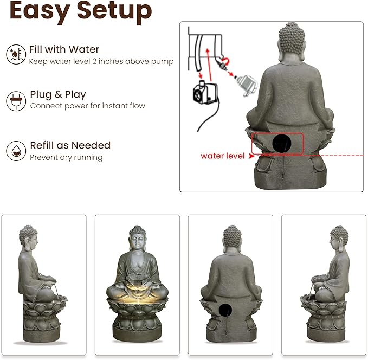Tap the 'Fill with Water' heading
(x=64, y=49)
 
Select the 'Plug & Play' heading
(x=58, y=94)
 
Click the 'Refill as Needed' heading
(x=70, y=145)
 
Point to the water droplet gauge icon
(x=15, y=55)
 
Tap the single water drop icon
(x=15, y=151)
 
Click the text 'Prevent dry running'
(x=66, y=158)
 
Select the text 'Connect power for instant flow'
(x=88, y=106)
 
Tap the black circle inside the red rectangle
(x=281, y=143)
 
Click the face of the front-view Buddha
(x=137, y=242)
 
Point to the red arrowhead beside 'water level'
(x=251, y=156)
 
